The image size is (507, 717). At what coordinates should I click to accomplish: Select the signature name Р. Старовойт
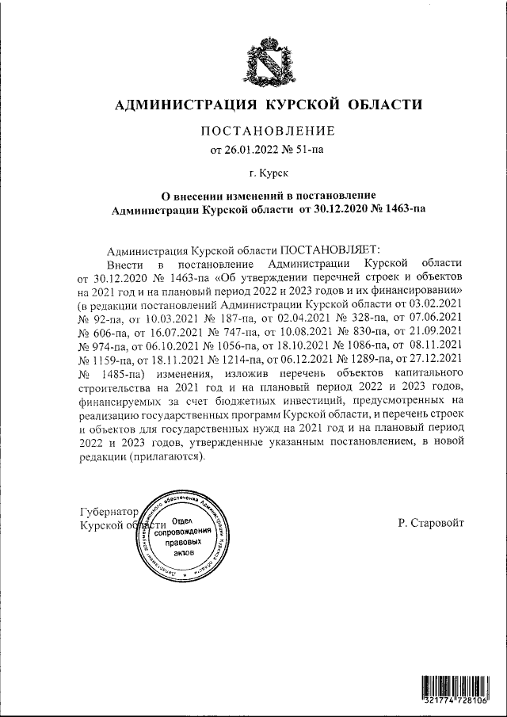pyautogui.click(x=432, y=523)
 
